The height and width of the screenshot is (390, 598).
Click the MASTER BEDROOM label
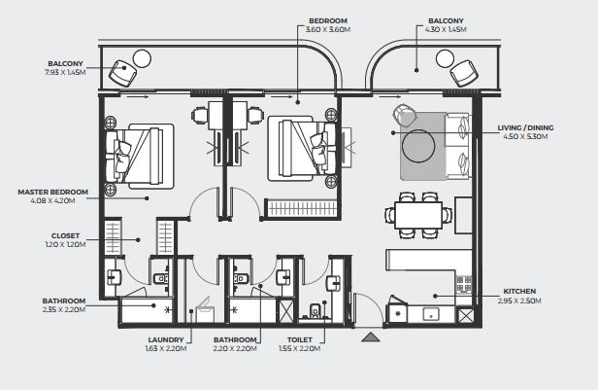point(53,192)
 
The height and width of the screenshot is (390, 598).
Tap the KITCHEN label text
point(519,291)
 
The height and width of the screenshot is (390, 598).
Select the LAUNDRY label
point(166,339)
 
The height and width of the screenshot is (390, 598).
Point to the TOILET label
point(300,339)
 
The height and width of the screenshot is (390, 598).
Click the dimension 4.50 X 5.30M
point(525,136)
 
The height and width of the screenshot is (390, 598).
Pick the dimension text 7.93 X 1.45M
point(65,72)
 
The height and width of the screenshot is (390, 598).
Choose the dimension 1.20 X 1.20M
point(66,244)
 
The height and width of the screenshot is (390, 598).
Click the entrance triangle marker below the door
point(370,337)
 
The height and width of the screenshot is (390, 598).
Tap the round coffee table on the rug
point(418,146)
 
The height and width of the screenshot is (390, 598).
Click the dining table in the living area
point(418,216)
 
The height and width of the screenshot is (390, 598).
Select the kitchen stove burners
point(464,284)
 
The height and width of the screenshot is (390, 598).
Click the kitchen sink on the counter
point(431,315)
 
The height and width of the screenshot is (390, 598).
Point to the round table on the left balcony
point(142,58)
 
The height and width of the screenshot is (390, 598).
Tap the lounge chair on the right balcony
point(463,73)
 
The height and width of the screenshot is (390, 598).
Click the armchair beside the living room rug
point(405,116)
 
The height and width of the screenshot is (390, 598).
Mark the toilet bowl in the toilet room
point(315,310)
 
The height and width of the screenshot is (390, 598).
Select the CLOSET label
point(66,235)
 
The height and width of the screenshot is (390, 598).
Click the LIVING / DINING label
point(525,127)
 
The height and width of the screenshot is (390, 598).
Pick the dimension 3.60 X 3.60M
point(328,29)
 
